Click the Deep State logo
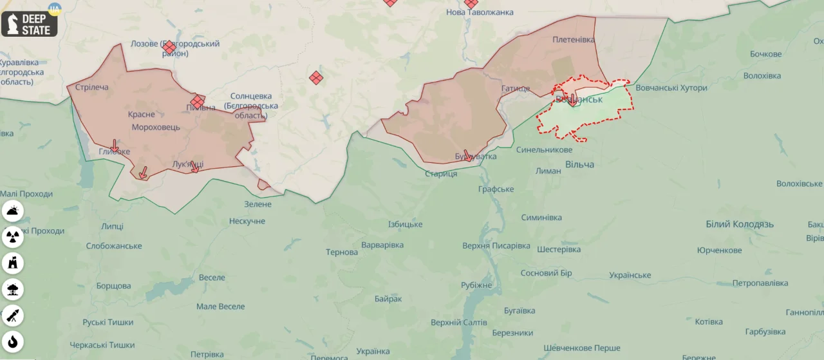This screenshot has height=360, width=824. (x=30, y=24)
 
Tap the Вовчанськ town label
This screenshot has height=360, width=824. (x=579, y=99)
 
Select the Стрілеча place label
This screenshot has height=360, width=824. (x=92, y=87)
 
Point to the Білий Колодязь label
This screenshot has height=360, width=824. (x=740, y=224)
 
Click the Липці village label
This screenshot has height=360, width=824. (x=112, y=226)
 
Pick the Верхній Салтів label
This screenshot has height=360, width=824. (x=459, y=322)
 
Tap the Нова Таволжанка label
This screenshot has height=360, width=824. (x=480, y=12)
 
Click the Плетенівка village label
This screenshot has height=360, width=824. (x=574, y=39)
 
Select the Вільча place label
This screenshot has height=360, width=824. (x=579, y=164)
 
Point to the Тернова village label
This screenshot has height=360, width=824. (x=342, y=252)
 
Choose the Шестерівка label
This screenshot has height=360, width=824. (x=559, y=249)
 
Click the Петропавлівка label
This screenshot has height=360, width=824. (x=760, y=283)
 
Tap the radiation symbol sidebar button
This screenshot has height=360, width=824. (x=13, y=237)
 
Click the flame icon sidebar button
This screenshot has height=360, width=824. (x=13, y=341)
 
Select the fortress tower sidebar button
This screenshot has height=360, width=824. (x=13, y=263)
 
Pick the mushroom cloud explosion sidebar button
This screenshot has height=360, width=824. (x=13, y=289)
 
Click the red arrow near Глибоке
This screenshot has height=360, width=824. (x=114, y=146)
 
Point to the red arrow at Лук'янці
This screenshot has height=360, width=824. (x=194, y=166)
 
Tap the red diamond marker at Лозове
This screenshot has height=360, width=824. (x=169, y=47)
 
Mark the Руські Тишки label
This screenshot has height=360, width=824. (x=108, y=322)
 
